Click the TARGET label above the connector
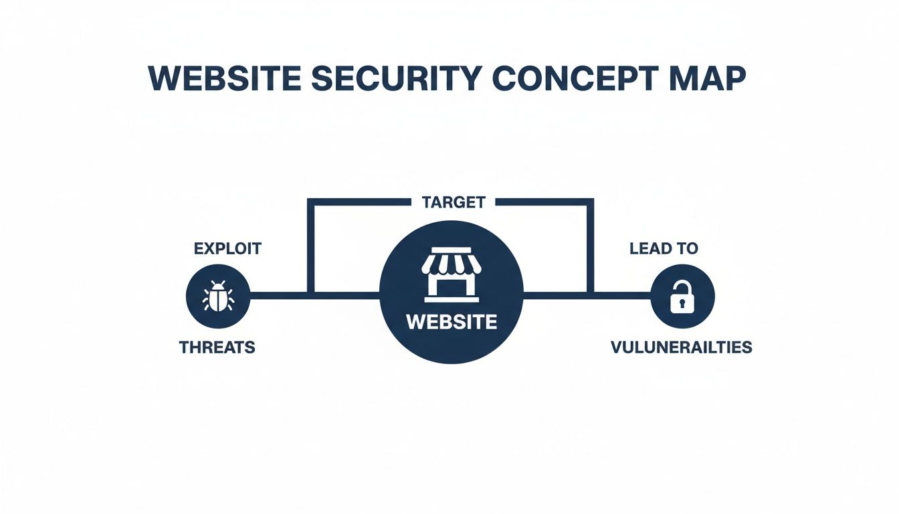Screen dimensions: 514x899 pyautogui.click(x=454, y=202)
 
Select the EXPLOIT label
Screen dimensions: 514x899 pyautogui.click(x=227, y=249)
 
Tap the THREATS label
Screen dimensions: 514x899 pyautogui.click(x=217, y=348)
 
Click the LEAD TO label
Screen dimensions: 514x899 pyautogui.click(x=664, y=249)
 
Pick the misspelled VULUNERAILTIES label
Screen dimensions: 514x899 pyautogui.click(x=681, y=348)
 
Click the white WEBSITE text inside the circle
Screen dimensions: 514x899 pyautogui.click(x=452, y=322)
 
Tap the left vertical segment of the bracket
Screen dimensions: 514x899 pyautogui.click(x=310, y=248)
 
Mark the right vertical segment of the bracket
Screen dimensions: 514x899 pyautogui.click(x=590, y=248)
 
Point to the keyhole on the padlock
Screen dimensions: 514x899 pyautogui.click(x=682, y=303)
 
